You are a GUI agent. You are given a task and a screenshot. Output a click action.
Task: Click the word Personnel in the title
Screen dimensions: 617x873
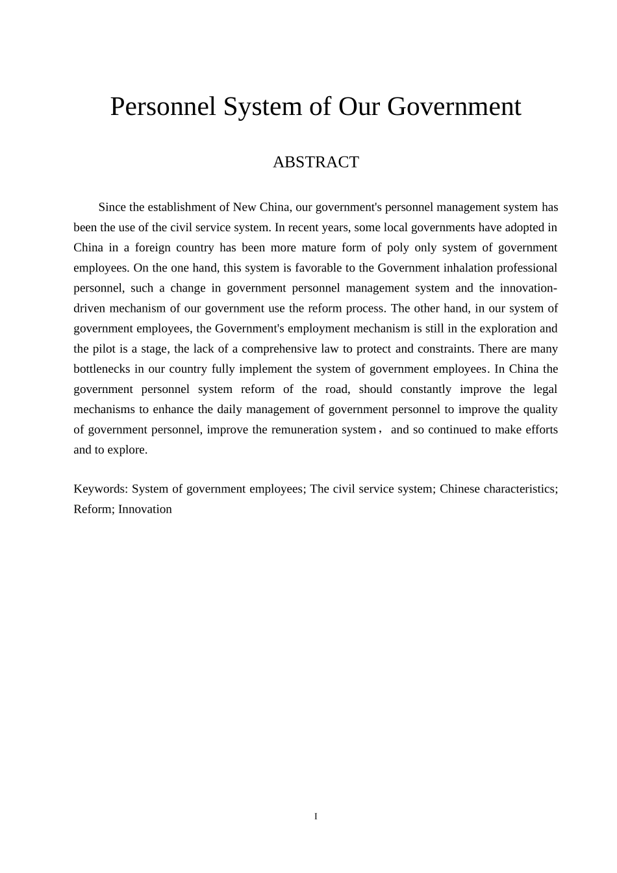[162, 107]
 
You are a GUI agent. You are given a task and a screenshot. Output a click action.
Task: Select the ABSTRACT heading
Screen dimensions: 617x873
[316, 162]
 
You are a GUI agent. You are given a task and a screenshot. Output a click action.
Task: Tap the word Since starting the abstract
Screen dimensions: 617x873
[112, 208]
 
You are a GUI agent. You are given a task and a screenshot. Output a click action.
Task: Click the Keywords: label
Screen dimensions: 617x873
[101, 489]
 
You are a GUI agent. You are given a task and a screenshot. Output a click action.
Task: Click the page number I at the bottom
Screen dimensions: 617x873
[316, 816]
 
